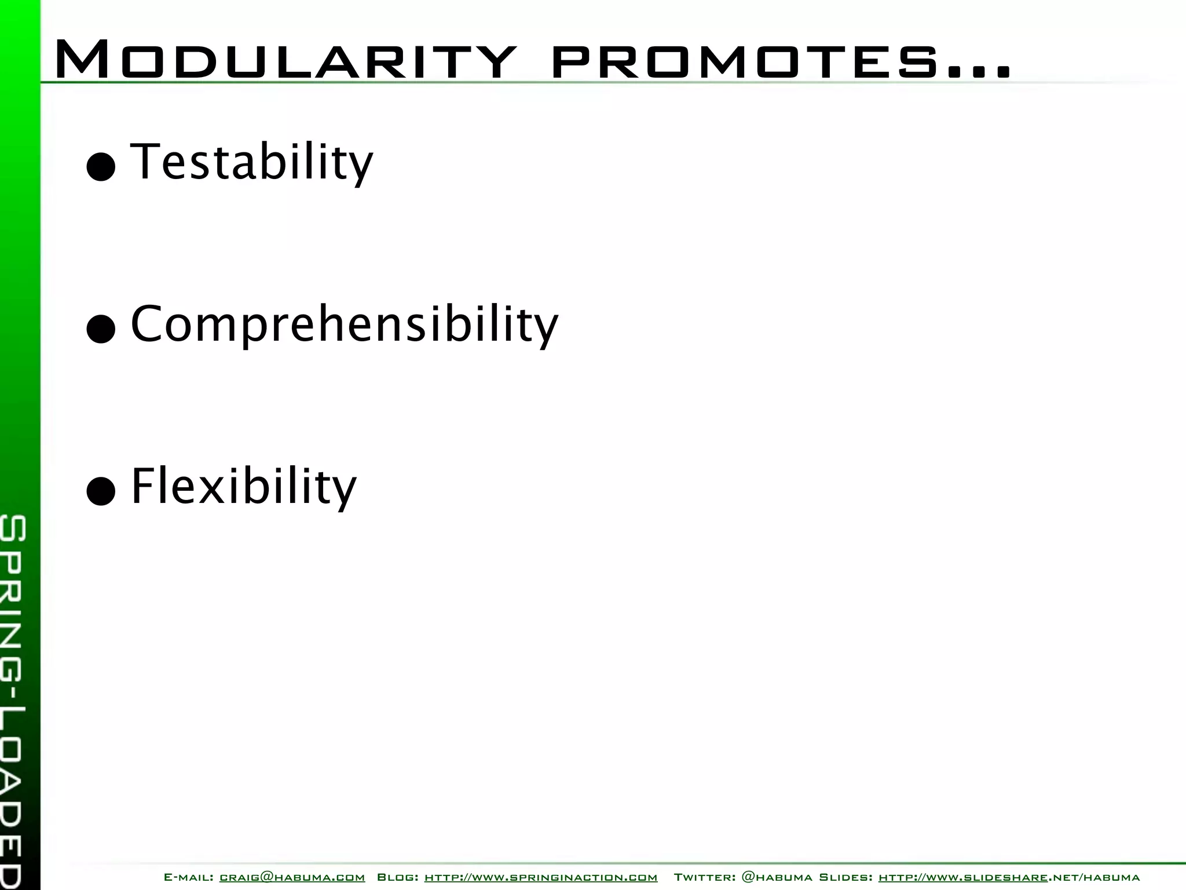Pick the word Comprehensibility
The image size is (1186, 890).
click(x=345, y=324)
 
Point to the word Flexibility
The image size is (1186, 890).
click(x=244, y=486)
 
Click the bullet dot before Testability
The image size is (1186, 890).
click(x=101, y=167)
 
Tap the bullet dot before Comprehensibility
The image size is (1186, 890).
click(x=101, y=330)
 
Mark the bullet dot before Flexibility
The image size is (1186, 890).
click(x=101, y=492)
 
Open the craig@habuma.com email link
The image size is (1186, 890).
click(x=292, y=877)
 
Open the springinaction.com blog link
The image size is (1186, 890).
click(x=541, y=877)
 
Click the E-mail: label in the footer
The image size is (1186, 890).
click(x=188, y=877)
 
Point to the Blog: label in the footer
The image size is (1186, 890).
click(x=398, y=877)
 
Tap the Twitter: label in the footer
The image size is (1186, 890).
click(x=704, y=877)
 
